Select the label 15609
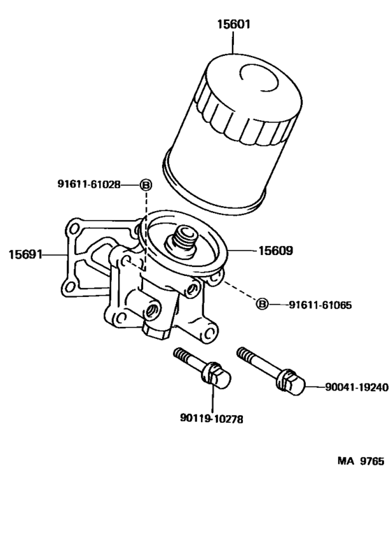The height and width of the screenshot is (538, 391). click(x=276, y=250)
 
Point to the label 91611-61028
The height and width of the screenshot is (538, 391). click(x=89, y=184)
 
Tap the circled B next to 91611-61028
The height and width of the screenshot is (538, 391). click(x=145, y=184)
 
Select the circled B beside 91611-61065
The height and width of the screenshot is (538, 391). click(x=262, y=304)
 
